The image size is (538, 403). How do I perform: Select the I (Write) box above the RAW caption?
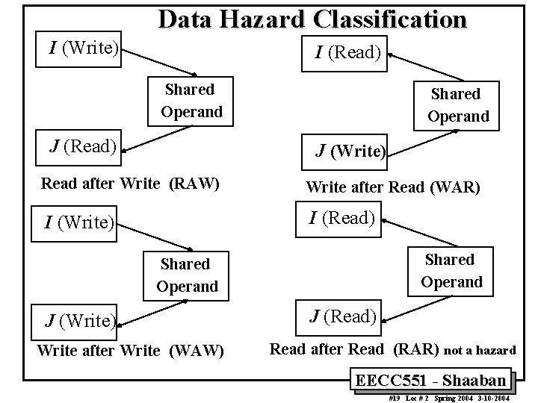click(x=83, y=49)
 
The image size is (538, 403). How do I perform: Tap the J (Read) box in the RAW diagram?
click(x=83, y=146)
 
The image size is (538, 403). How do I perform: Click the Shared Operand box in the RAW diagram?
click(x=191, y=101)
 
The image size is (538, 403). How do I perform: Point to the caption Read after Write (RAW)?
click(x=130, y=183)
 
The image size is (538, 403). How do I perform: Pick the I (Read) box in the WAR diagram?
click(x=348, y=52)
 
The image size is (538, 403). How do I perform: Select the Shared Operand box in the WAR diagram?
click(x=457, y=105)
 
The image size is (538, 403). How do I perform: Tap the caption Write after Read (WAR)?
click(x=393, y=186)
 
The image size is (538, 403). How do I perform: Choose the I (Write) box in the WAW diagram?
click(x=79, y=222)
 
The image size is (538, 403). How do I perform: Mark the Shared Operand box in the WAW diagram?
click(x=187, y=275)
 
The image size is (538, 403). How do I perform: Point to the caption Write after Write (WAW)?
click(x=130, y=349)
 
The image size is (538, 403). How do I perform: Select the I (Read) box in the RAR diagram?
click(x=342, y=218)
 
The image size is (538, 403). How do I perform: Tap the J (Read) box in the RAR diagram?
click(x=343, y=316)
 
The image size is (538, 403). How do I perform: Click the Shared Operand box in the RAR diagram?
click(x=451, y=271)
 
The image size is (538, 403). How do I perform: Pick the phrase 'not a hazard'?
click(x=480, y=349)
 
